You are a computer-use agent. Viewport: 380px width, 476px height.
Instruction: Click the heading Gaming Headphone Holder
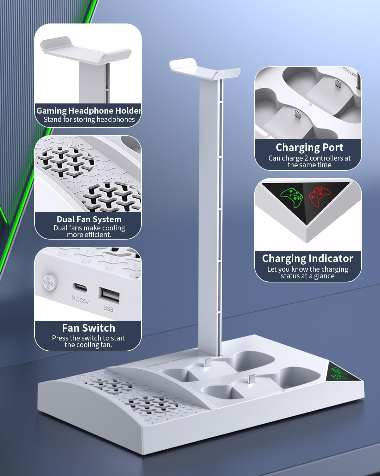coord(89,111)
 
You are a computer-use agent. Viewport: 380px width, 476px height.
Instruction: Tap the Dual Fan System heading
coord(89,219)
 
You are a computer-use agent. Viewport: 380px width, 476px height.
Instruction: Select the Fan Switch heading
coord(88,328)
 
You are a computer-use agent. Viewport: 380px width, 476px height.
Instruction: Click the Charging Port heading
coord(309,148)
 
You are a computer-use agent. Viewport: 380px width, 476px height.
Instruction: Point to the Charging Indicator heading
coord(307,259)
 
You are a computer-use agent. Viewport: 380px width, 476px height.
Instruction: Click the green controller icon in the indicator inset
coord(292,197)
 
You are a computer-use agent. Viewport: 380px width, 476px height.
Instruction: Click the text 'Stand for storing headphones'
coord(89,120)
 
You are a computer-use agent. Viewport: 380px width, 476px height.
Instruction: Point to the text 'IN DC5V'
coord(79,300)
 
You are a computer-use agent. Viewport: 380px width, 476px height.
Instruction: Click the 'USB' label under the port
coord(108,308)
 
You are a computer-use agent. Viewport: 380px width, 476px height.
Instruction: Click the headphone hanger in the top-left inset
coord(85,51)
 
